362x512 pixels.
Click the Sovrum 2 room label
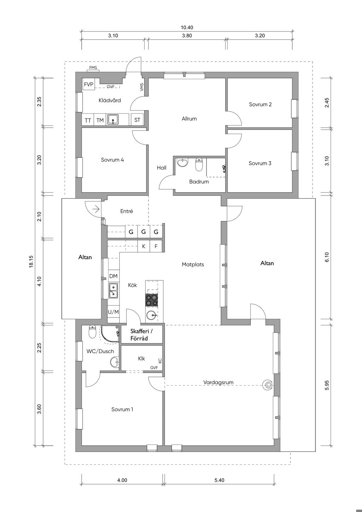[x=260, y=104]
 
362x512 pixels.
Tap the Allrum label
[x=189, y=118]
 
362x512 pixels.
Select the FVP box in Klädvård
[x=89, y=85]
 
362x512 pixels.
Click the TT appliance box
[x=88, y=120]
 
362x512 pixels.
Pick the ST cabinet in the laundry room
[x=137, y=120]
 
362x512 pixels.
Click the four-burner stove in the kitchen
[x=152, y=300]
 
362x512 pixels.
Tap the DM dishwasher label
[x=113, y=276]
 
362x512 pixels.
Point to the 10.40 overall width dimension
[x=187, y=28]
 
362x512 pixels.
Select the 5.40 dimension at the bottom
[x=220, y=480]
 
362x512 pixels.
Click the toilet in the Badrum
[x=199, y=164]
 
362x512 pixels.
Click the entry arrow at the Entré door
[x=97, y=209]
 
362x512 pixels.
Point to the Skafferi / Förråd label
[x=141, y=334]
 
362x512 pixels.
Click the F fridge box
[x=156, y=246]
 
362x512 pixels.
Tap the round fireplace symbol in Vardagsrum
[x=268, y=385]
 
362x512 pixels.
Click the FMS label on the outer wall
[x=93, y=68]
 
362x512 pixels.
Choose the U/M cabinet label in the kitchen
[x=113, y=312]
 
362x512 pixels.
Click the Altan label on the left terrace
[x=85, y=257]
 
